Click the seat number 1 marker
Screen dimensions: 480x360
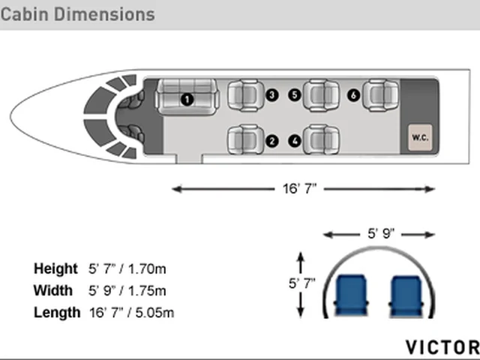187,100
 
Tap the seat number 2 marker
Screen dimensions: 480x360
271,141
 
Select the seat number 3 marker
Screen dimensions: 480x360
271,95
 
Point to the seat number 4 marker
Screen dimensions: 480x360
295,141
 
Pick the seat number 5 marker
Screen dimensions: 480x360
295,95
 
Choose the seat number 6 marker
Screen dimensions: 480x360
353,95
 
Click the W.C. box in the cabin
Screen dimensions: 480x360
420,137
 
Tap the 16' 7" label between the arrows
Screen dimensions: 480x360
299,188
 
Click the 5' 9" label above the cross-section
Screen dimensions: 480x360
381,234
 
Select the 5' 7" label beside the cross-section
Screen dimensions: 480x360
301,283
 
